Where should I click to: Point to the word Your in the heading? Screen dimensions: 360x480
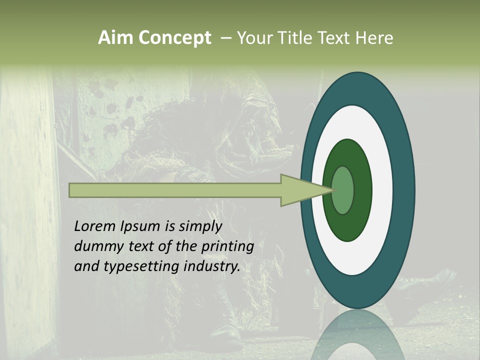point(254,38)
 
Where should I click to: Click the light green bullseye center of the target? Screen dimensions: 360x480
point(343,190)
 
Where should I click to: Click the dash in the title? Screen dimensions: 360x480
point(225,38)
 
